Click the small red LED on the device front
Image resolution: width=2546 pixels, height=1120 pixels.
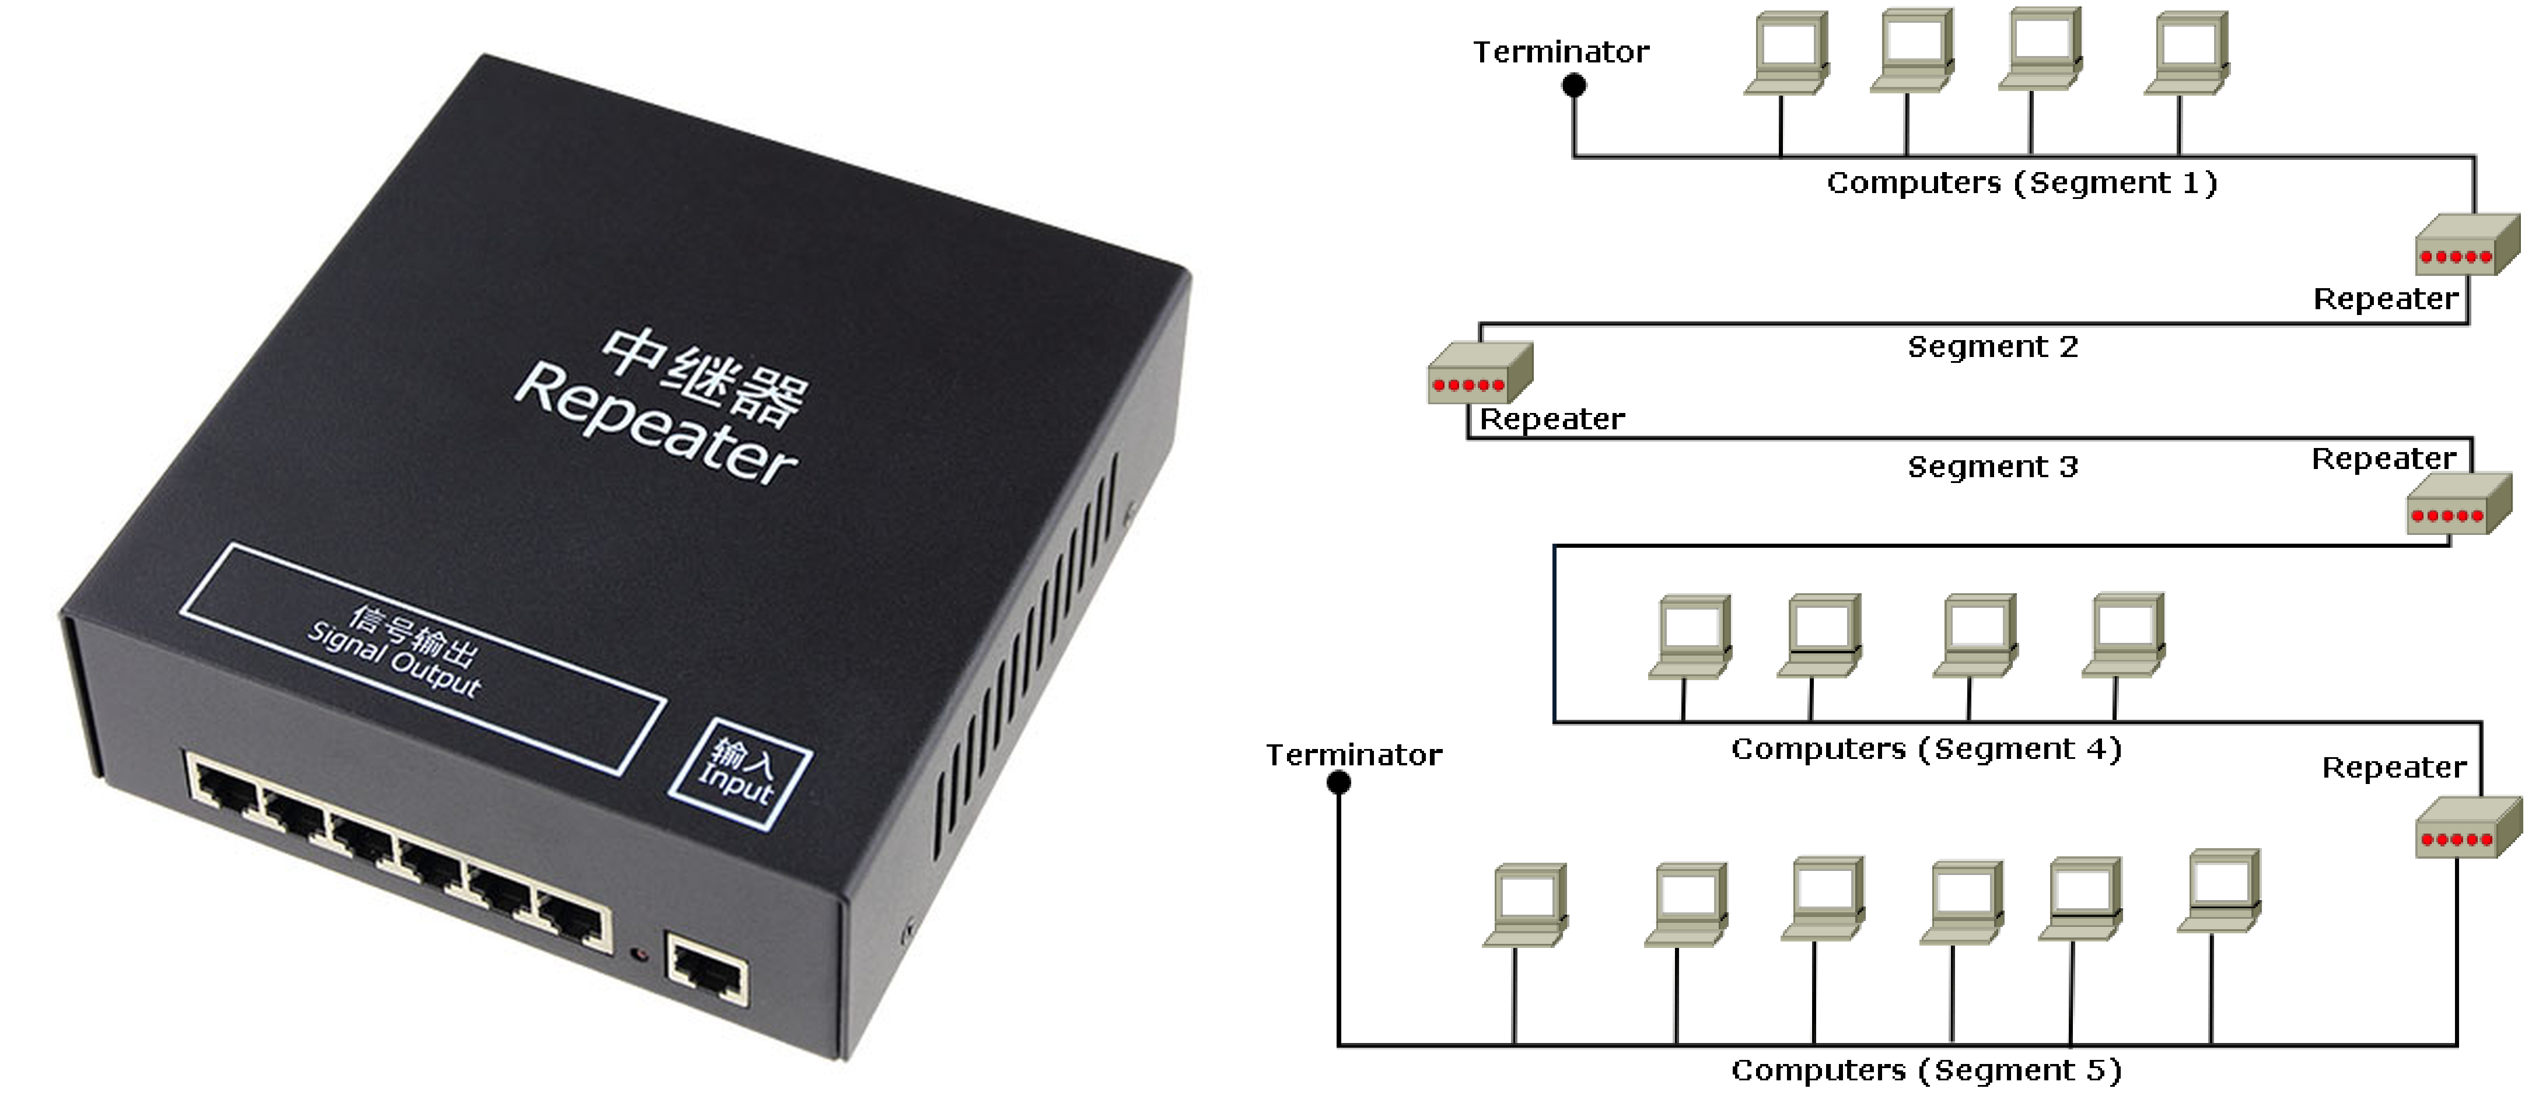click(x=639, y=954)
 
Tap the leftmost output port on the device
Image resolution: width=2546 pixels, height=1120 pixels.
click(x=225, y=786)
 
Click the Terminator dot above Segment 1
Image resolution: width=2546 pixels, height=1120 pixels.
click(x=1573, y=86)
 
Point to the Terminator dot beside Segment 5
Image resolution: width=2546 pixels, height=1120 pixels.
click(x=1338, y=783)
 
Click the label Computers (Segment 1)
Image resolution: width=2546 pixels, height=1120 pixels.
click(x=2021, y=183)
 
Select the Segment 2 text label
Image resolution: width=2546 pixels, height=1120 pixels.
click(x=1992, y=347)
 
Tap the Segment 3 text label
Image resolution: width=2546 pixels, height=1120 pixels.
click(x=1992, y=467)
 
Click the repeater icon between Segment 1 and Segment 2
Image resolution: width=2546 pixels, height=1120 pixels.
click(x=2467, y=245)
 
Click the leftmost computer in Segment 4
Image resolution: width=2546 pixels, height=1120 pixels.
click(x=1691, y=636)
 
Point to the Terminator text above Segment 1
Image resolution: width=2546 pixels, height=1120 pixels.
click(x=1561, y=52)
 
